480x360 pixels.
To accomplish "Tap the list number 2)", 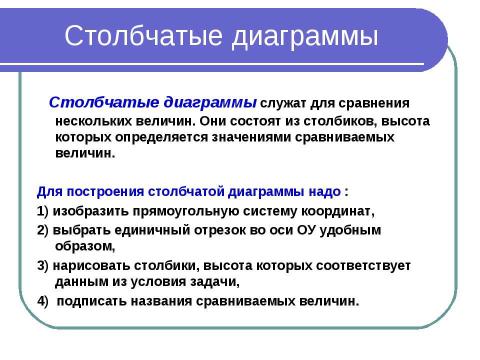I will (43, 229).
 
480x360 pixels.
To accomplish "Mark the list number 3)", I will (43, 265).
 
